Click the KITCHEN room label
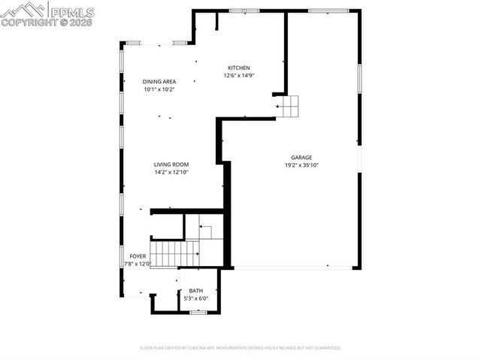coord(239,68)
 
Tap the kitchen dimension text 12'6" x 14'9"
coord(239,75)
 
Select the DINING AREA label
coord(159,81)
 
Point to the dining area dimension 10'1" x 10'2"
coord(159,89)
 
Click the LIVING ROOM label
coord(171,165)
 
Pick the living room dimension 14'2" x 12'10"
coord(171,172)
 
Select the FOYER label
coord(138,256)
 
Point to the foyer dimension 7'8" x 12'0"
coord(138,264)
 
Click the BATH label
coord(195,291)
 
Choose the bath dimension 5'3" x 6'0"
coord(195,298)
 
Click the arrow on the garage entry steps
coord(281,107)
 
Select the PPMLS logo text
coord(71,10)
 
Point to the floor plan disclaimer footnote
coord(240,348)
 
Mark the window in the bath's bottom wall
coord(198,312)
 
